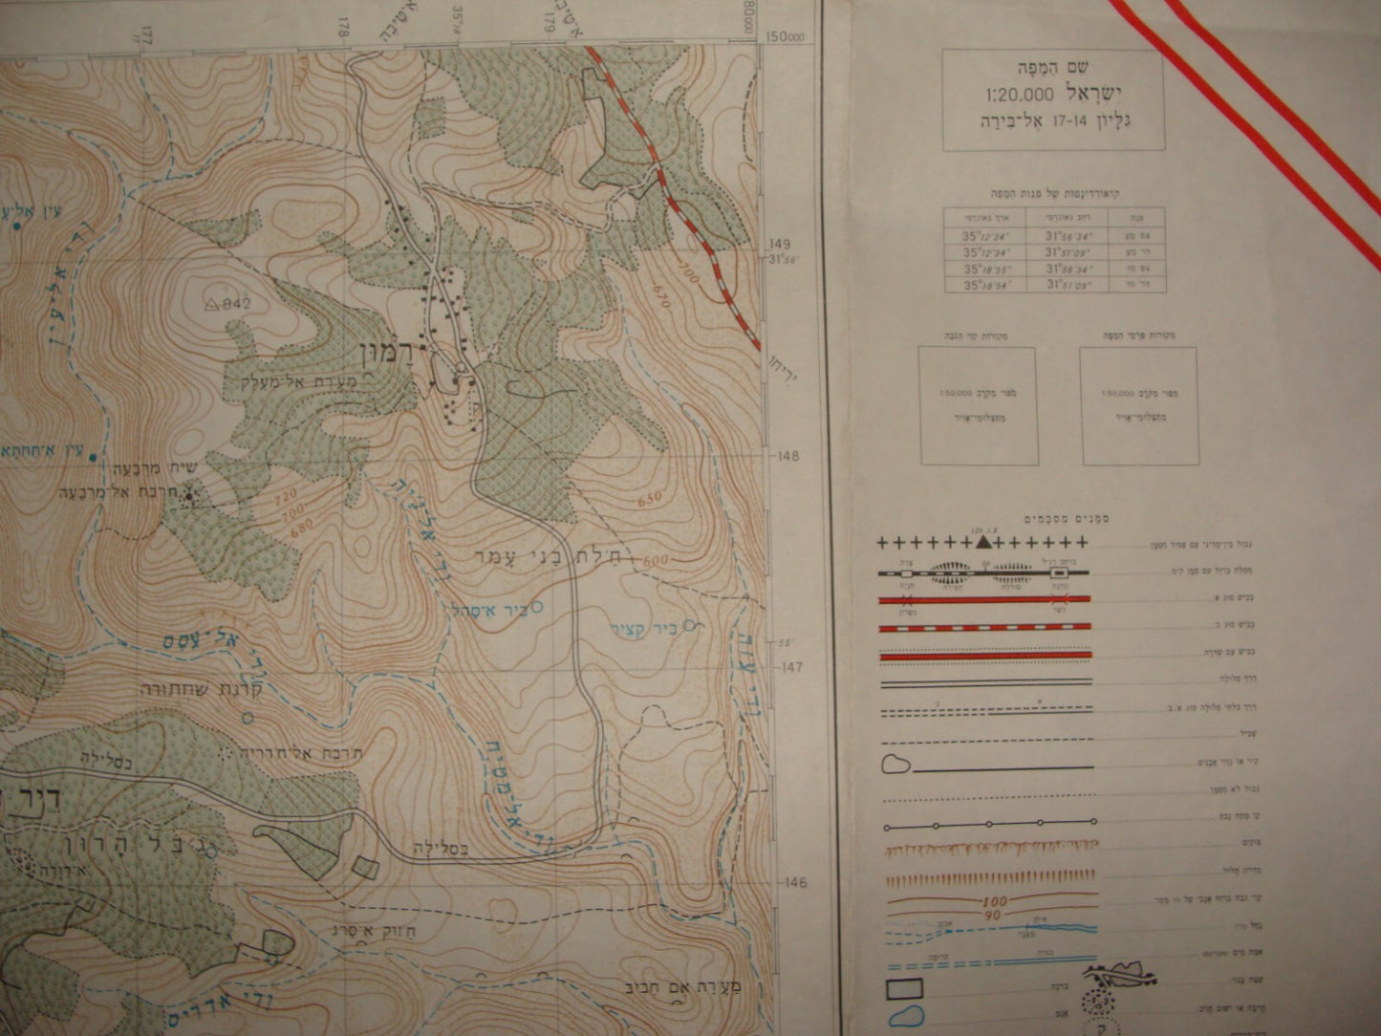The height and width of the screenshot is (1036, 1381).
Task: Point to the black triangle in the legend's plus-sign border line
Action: coord(982,542)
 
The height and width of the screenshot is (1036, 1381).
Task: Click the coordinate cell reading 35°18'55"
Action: coord(984,270)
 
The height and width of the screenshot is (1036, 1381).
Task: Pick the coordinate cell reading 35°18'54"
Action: coord(984,285)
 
